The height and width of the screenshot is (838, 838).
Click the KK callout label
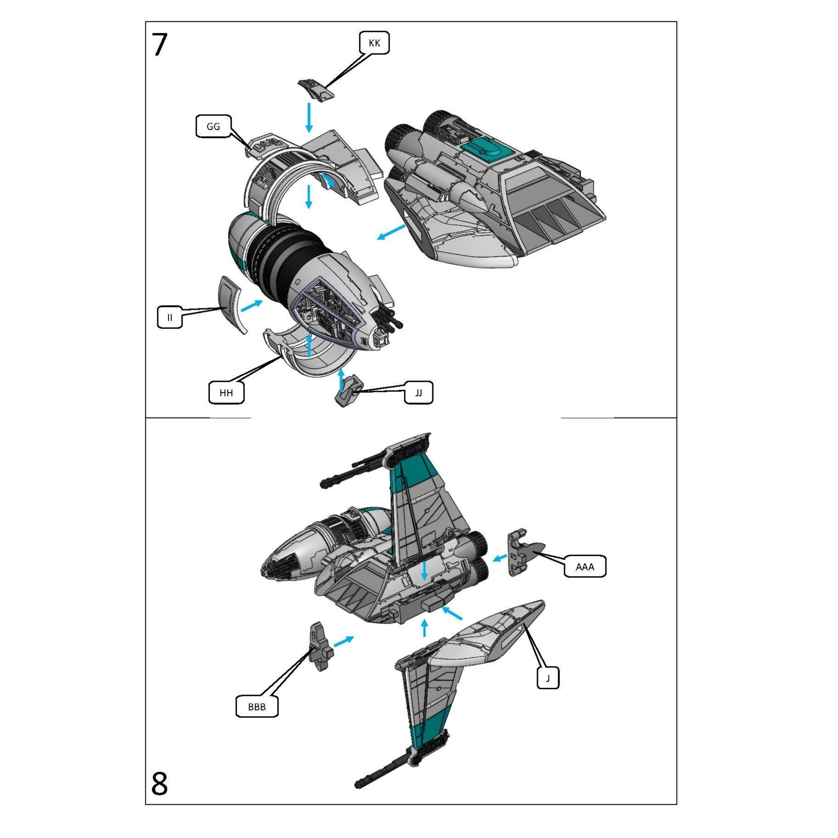374,43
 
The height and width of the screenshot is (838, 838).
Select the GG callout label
214,127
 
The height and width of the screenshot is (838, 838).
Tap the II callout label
170,317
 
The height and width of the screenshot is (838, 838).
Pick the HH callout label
226,393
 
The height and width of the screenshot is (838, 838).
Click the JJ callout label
418,393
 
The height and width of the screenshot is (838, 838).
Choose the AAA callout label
585,567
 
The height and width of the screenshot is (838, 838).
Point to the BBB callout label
257,707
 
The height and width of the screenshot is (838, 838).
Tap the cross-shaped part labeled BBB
320,647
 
